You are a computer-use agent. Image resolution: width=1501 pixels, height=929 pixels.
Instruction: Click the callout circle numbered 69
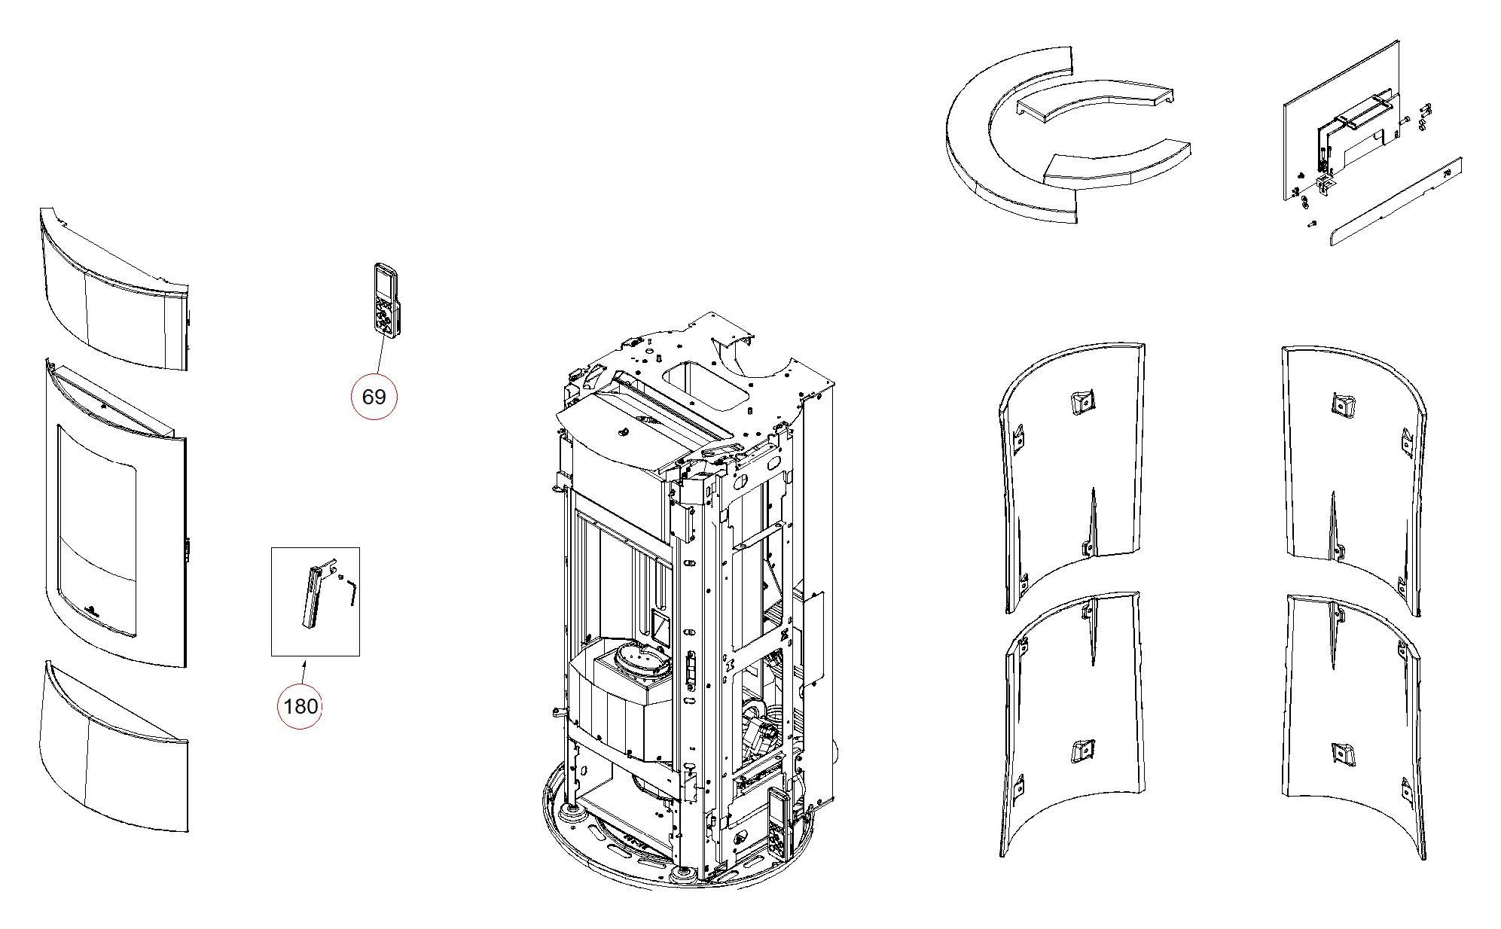tap(374, 396)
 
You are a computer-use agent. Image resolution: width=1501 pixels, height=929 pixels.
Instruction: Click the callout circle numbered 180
tap(300, 706)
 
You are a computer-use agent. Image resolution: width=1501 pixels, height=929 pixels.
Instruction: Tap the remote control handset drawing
tap(386, 298)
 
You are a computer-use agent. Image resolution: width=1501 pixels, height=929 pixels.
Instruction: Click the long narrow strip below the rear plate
tap(1395, 203)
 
